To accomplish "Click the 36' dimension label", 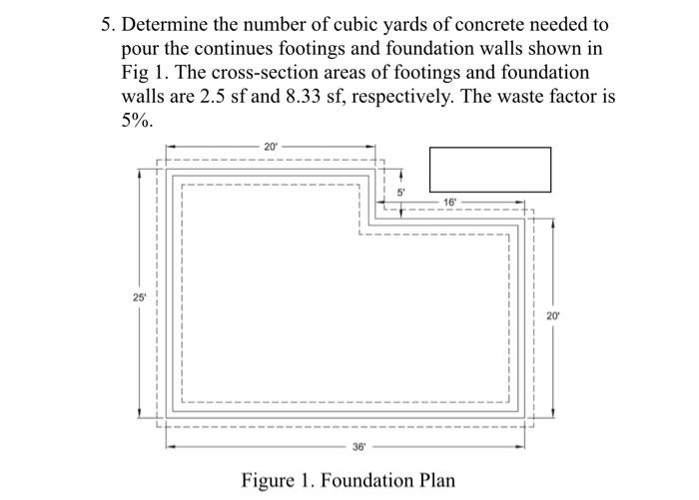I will [x=358, y=446].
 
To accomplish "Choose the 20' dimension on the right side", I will [x=553, y=315].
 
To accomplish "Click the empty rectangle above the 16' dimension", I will [x=490, y=169].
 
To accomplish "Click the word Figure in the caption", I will [x=270, y=479].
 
